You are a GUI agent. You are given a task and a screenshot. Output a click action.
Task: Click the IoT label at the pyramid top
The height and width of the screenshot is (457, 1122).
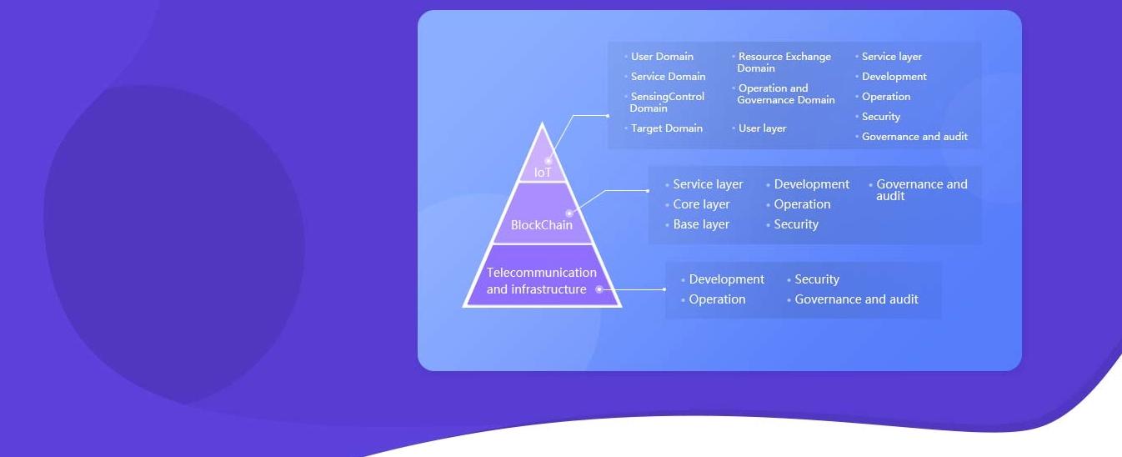(x=543, y=173)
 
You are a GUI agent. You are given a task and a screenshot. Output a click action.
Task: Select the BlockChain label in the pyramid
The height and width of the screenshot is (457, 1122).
(x=542, y=225)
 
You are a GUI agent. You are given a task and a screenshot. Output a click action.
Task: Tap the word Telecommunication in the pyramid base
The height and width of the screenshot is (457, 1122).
(x=542, y=273)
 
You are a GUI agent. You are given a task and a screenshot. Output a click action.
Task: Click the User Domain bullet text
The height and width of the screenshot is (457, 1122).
(x=662, y=57)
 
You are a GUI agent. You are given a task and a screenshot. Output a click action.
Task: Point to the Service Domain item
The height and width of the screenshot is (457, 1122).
(x=669, y=77)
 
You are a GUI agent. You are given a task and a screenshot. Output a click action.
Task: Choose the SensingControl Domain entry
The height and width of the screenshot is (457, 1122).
(x=667, y=103)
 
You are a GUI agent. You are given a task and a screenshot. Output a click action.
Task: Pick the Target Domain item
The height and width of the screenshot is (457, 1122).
(x=667, y=128)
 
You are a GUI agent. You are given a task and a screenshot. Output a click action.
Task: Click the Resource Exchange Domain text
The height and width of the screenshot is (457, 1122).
(x=784, y=63)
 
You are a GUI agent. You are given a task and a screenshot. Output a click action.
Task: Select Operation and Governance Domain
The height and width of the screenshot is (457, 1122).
(x=786, y=93)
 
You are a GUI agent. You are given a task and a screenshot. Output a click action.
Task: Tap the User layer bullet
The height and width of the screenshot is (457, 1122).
(x=763, y=128)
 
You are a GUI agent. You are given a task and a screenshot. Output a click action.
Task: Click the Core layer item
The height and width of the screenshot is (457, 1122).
(x=701, y=204)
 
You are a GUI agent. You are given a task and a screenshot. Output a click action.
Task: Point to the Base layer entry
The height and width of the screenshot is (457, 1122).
(x=701, y=224)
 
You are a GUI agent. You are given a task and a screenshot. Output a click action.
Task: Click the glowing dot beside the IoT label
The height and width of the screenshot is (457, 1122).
(x=548, y=161)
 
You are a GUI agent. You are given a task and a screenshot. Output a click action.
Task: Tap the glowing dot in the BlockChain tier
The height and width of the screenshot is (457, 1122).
(x=569, y=213)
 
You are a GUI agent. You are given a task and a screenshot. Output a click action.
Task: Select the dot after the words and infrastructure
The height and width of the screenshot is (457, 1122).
(x=599, y=289)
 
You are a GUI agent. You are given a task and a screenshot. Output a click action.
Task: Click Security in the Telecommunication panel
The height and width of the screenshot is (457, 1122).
(x=817, y=279)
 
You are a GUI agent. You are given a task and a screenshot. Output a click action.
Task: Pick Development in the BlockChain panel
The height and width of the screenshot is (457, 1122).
(x=811, y=184)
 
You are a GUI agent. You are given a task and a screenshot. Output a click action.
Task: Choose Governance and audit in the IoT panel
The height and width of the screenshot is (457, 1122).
(x=914, y=137)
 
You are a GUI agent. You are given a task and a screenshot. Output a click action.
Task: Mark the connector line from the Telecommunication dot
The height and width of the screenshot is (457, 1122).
(x=632, y=289)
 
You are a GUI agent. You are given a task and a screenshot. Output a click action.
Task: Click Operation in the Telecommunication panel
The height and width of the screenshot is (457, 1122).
(x=717, y=299)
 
